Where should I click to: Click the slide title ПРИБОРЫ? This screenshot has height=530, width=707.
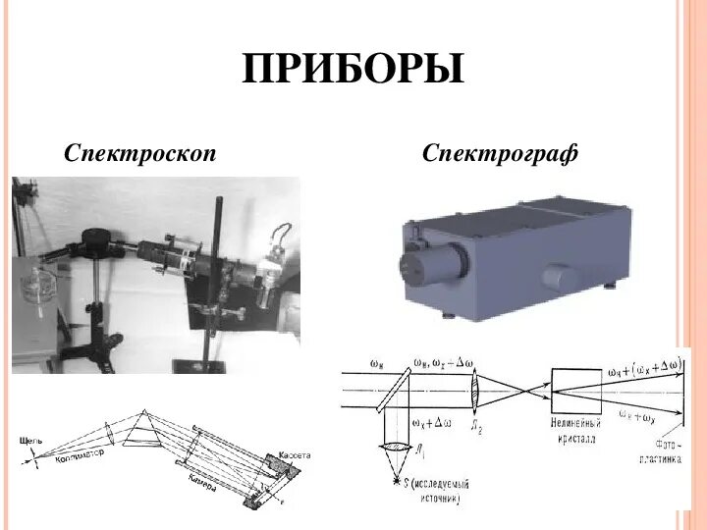353,70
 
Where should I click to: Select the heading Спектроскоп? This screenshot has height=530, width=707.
140,153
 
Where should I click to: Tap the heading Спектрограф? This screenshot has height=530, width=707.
501,153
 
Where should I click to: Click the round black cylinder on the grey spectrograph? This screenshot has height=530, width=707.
427,264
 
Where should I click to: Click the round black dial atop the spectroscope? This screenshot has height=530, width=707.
96,237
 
